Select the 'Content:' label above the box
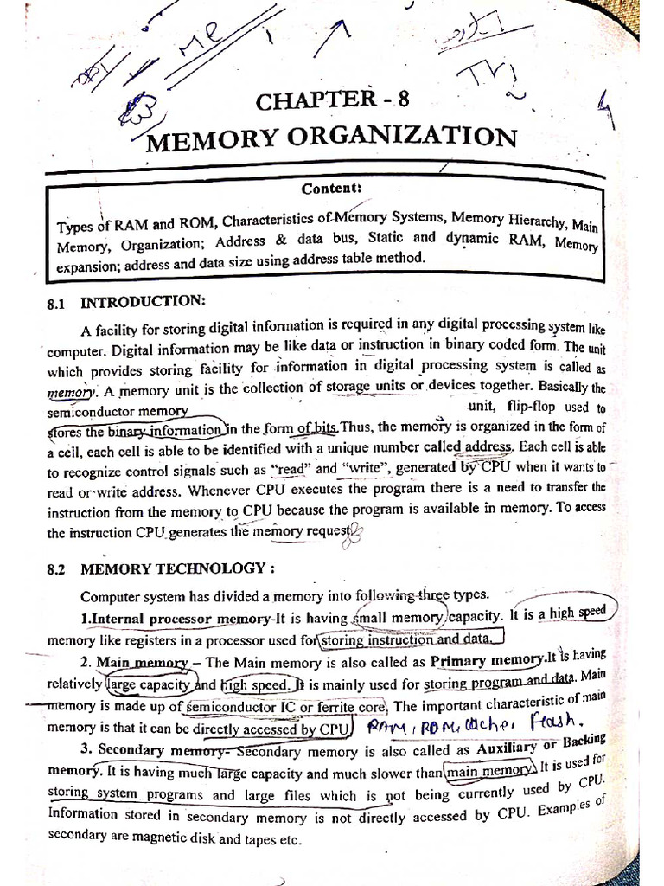click(331, 189)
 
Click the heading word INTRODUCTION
click(144, 303)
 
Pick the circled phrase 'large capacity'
click(144, 684)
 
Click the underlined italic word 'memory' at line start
click(70, 391)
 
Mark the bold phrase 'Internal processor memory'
click(181, 620)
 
